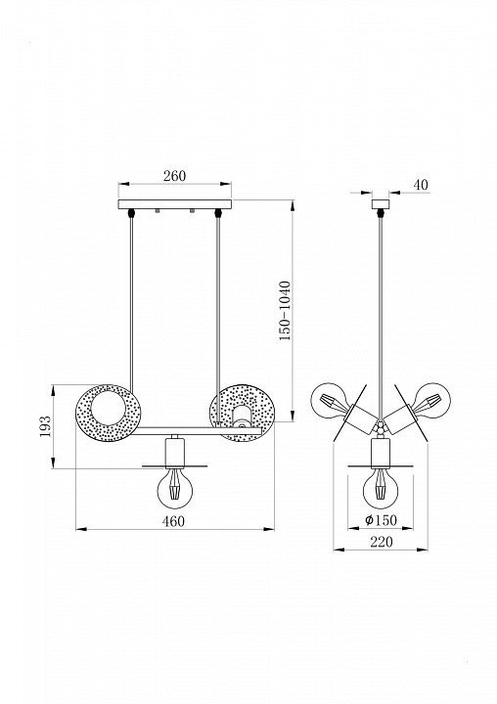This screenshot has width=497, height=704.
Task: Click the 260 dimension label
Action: click(174, 176)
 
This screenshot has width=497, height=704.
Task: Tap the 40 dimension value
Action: click(421, 185)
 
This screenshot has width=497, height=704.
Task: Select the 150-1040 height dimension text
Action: click(286, 311)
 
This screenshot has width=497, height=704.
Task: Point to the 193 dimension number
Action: click(45, 426)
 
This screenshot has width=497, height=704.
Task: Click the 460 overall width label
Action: click(173, 521)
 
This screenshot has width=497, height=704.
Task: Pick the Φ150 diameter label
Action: click(381, 520)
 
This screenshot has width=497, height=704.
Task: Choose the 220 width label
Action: click(381, 542)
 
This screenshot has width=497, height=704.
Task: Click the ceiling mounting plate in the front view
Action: click(175, 204)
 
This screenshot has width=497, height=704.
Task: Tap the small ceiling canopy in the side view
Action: click(381, 204)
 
